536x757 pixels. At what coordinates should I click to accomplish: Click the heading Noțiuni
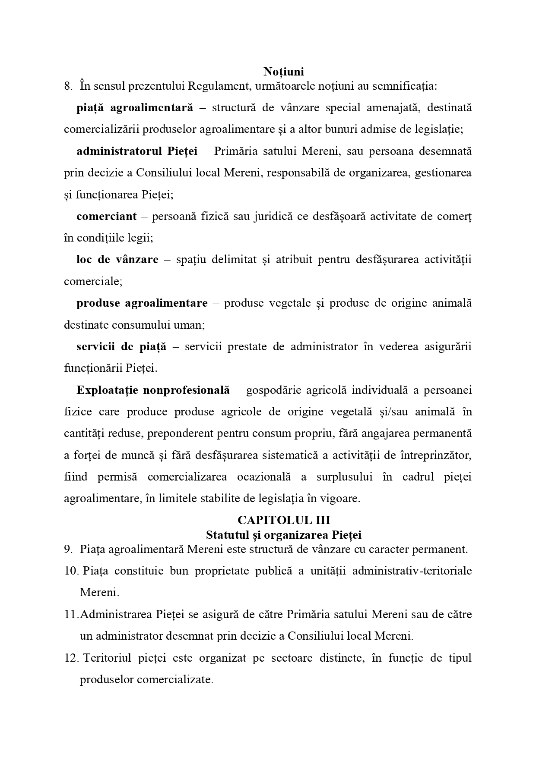click(284, 71)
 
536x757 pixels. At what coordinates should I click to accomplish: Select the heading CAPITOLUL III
click(284, 520)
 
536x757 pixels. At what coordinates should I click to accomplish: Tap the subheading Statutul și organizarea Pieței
click(284, 535)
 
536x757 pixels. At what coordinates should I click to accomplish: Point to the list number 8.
click(68, 86)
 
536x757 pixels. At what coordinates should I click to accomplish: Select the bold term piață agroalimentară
click(135, 108)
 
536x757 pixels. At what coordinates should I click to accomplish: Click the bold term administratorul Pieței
click(137, 151)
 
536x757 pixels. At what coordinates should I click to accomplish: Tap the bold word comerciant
click(106, 217)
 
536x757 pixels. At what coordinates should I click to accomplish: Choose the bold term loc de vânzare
click(117, 260)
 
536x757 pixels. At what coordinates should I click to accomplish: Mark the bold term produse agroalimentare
click(142, 303)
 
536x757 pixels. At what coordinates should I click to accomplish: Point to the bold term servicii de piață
click(121, 347)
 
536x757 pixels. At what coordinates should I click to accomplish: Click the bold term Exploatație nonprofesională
click(153, 390)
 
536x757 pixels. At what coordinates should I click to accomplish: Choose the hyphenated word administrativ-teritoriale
click(412, 571)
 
